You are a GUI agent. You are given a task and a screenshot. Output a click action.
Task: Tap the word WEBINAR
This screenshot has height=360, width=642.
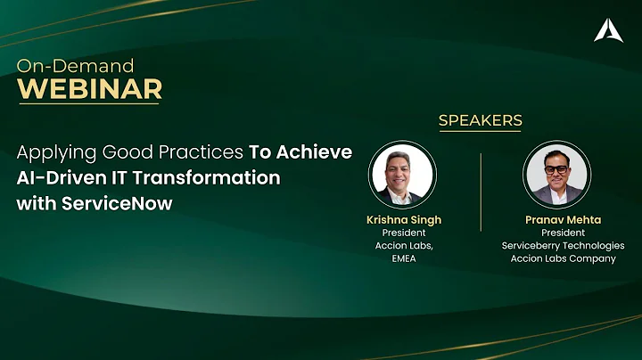tap(90, 89)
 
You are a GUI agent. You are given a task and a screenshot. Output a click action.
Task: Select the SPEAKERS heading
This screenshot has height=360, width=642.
tap(480, 120)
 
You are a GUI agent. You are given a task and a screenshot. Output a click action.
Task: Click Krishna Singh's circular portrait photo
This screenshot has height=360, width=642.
tap(402, 174)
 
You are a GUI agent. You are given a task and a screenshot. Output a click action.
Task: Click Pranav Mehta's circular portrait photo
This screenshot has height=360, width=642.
tap(556, 174)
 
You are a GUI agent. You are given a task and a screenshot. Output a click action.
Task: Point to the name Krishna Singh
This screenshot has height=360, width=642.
tap(403, 219)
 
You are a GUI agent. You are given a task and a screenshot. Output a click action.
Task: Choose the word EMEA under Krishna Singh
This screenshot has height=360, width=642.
tap(403, 258)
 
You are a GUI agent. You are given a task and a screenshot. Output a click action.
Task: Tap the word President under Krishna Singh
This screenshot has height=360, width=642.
tap(403, 233)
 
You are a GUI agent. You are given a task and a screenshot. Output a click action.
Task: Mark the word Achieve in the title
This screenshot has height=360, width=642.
tap(317, 151)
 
